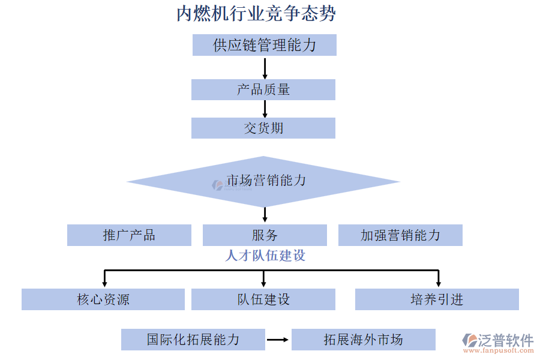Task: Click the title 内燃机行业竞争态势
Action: pyautogui.click(x=256, y=13)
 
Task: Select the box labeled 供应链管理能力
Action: pyautogui.click(x=264, y=45)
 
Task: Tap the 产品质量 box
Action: pyautogui.click(x=263, y=89)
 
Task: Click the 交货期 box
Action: pyautogui.click(x=263, y=128)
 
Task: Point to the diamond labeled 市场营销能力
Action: pyautogui.click(x=264, y=181)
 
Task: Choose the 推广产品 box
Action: pyautogui.click(x=129, y=235)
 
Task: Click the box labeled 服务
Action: pyautogui.click(x=265, y=235)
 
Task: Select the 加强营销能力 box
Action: pyautogui.click(x=400, y=235)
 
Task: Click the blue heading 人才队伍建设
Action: pyautogui.click(x=265, y=256)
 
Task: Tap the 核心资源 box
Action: pyautogui.click(x=103, y=299)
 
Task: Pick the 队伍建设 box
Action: pyautogui.click(x=263, y=299)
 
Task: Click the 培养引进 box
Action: pyautogui.click(x=437, y=299)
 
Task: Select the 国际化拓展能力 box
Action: pyautogui.click(x=193, y=340)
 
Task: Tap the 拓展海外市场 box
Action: pyautogui.click(x=364, y=340)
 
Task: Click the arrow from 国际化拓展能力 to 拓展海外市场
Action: pyautogui.click(x=278, y=340)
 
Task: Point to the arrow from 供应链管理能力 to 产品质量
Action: pyautogui.click(x=265, y=68)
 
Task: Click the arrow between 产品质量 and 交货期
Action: pyautogui.click(x=265, y=109)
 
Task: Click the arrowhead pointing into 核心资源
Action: pyautogui.click(x=105, y=283)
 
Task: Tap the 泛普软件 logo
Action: pyautogui.click(x=498, y=342)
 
